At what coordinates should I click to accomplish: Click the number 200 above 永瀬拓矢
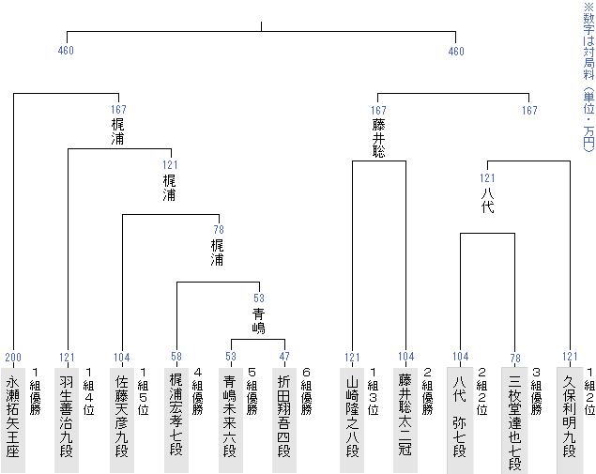pyautogui.click(x=14, y=358)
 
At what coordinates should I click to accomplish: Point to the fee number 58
pyautogui.click(x=176, y=358)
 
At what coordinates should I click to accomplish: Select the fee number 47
pyautogui.click(x=284, y=358)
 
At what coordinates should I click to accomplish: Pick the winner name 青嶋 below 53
pyautogui.click(x=258, y=320)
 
